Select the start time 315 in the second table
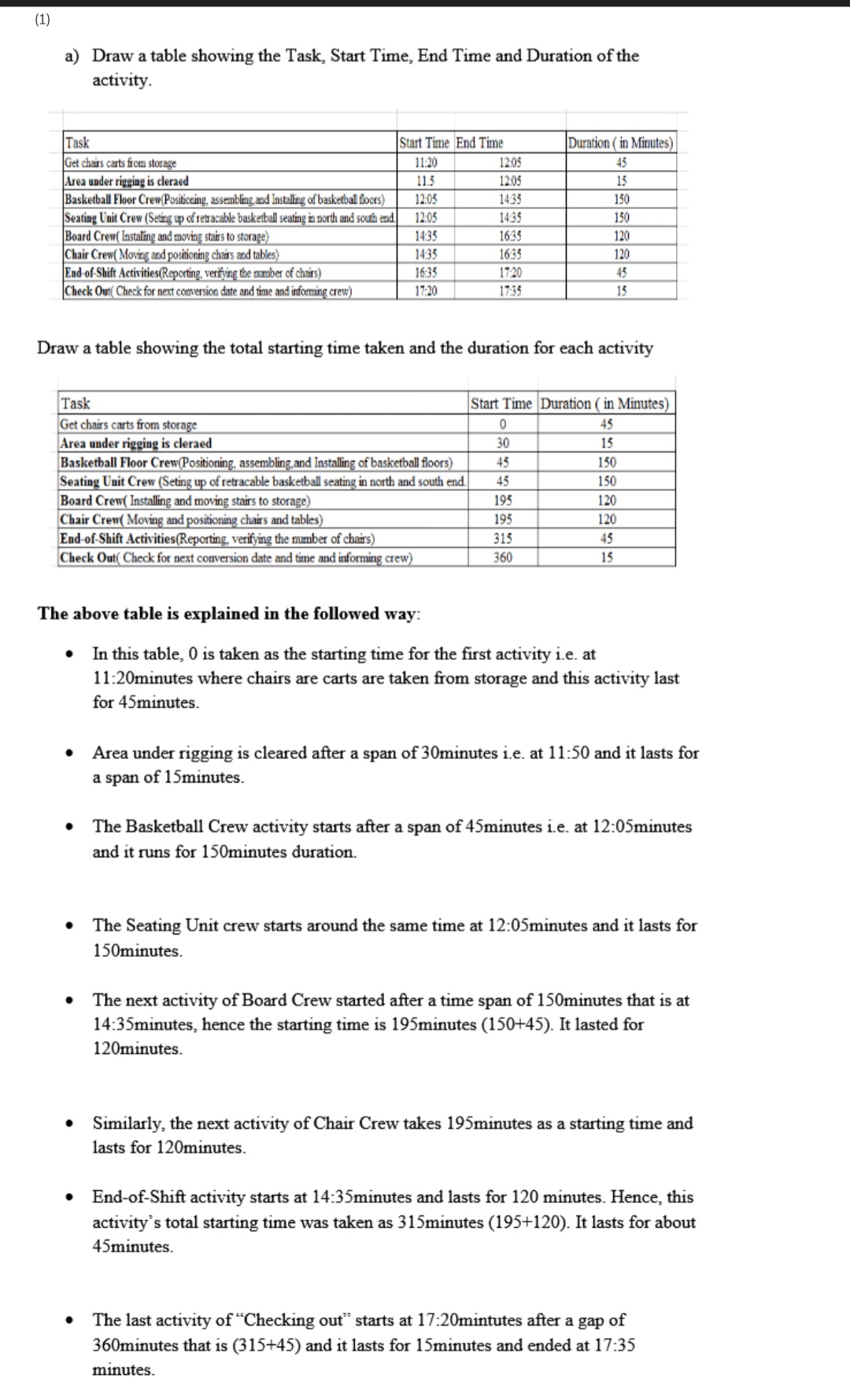tap(502, 539)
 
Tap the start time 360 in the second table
tap(502, 558)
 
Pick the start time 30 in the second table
tap(502, 444)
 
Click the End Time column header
tap(479, 143)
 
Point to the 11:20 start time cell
tap(425, 163)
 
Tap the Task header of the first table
tap(77, 143)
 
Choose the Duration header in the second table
tap(605, 404)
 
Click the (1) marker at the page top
tap(42, 20)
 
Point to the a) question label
tap(72, 56)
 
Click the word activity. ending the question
tap(122, 81)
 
